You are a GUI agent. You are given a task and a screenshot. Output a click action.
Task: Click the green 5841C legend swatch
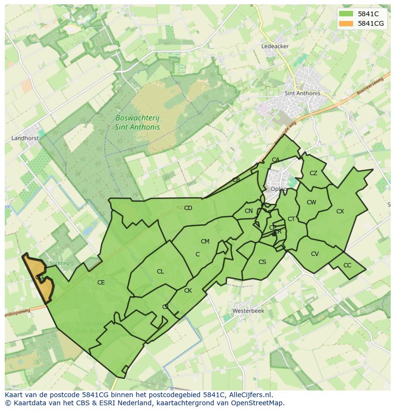[346, 14]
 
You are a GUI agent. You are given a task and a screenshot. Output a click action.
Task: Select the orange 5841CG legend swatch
[346, 23]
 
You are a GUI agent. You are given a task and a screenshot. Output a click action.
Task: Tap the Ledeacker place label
[275, 46]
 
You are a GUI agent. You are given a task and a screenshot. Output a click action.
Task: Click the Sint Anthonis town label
[302, 94]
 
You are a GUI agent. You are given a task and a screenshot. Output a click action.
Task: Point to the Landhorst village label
[24, 138]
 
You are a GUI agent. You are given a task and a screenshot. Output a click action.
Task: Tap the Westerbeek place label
[248, 311]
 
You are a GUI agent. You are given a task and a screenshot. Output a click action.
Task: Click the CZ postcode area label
[313, 173]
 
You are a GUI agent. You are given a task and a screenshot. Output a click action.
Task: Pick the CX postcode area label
[340, 211]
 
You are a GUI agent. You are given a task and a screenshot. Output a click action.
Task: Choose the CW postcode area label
[312, 202]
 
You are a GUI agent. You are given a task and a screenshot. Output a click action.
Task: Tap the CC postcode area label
[347, 265]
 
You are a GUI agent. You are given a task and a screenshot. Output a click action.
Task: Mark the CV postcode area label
[315, 254]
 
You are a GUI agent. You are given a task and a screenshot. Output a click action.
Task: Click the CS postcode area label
[262, 262]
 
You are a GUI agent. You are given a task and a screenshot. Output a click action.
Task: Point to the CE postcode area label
[101, 283]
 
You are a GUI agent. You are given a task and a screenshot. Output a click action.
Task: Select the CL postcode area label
[160, 272]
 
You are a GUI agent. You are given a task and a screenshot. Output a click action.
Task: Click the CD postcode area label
[188, 208]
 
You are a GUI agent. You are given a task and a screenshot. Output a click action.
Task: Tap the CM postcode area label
[205, 242]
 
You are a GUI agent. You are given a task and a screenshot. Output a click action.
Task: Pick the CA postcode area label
[276, 160]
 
